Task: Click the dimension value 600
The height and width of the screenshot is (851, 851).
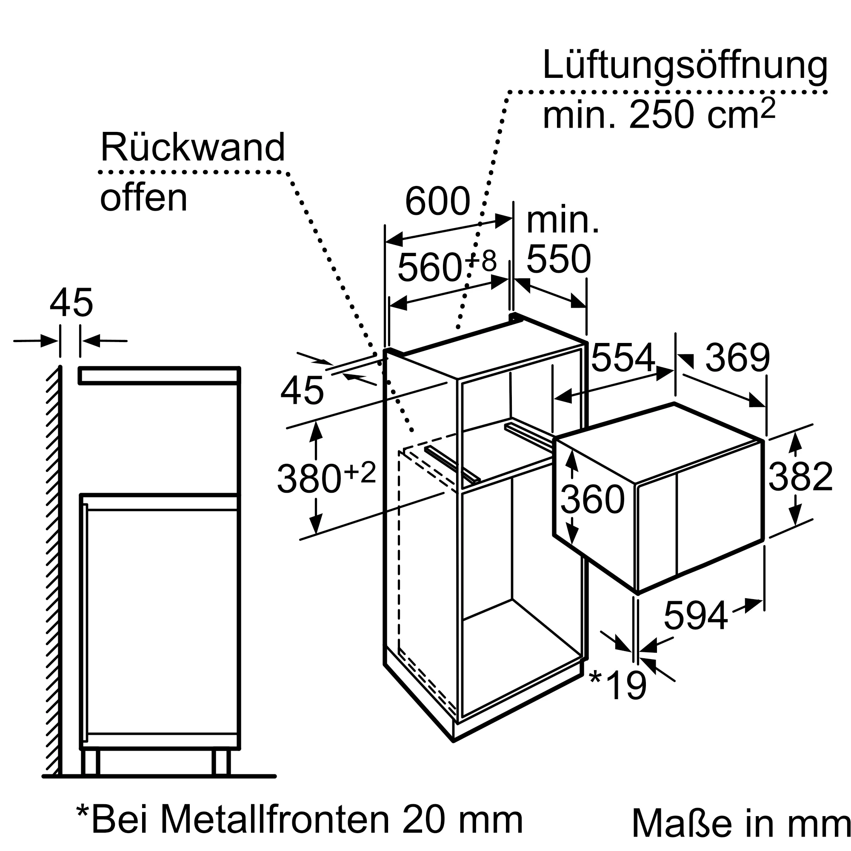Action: point(437,202)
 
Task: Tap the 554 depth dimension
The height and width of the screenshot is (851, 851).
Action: point(623,358)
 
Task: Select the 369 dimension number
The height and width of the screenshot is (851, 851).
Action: point(738,358)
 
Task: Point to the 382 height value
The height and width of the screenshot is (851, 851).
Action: point(801,477)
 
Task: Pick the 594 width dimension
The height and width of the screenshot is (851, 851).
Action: point(696,616)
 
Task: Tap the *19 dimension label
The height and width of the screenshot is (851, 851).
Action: point(618,685)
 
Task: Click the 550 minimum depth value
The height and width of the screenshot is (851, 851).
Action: point(559,260)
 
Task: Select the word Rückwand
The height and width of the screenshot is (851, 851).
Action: point(193,148)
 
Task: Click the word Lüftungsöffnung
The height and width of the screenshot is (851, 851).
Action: point(685,66)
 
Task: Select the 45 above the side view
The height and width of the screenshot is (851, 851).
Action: point(71,303)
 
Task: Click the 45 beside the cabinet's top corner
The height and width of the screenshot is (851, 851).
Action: point(302,391)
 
